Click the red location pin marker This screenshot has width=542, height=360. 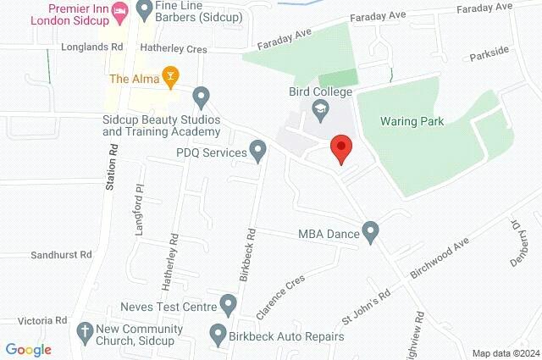click(x=341, y=148)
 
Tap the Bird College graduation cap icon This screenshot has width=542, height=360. click(x=320, y=108)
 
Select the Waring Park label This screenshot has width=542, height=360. click(x=412, y=121)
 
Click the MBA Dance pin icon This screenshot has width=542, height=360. click(x=370, y=230)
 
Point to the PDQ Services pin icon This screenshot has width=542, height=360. click(x=259, y=152)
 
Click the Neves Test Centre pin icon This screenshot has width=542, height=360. click(x=227, y=303)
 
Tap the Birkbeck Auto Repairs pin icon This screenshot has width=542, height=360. click(x=218, y=334)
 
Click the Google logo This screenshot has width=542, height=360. click(x=28, y=350)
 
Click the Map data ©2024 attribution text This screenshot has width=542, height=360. click(x=505, y=353)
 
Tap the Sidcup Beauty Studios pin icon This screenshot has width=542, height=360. click(x=201, y=97)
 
